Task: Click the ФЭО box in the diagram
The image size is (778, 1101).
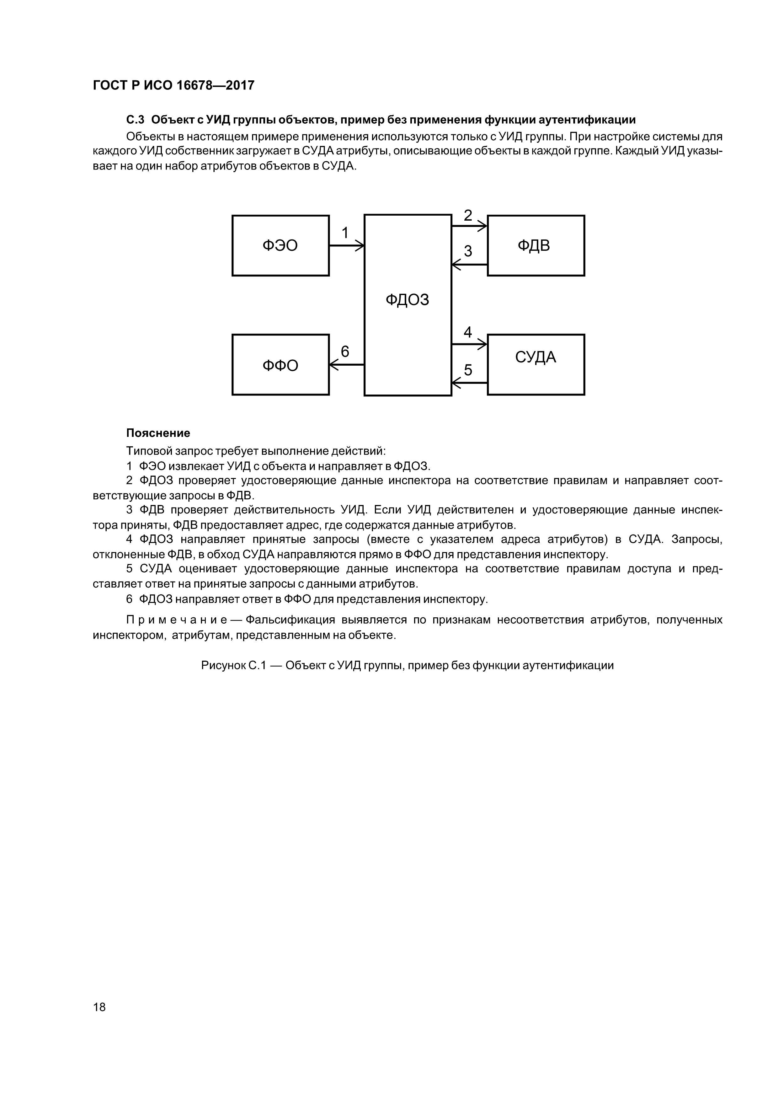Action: coord(280,245)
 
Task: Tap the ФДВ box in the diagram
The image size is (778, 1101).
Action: coord(536,245)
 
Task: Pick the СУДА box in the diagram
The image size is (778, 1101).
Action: coord(536,364)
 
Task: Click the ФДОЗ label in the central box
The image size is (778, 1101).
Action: coord(408,300)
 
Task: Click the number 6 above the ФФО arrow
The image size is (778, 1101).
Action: coord(345,352)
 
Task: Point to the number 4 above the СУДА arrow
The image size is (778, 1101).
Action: coord(467,332)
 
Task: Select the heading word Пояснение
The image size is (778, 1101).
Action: coord(158,433)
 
